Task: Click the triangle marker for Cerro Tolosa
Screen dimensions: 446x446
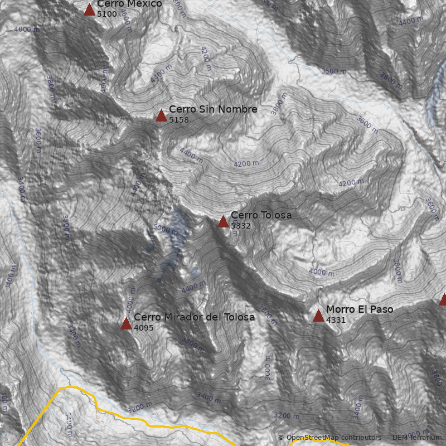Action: coord(223,221)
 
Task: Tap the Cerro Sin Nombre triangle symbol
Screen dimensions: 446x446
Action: coord(161,116)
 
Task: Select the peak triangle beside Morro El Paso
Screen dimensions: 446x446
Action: coord(318,316)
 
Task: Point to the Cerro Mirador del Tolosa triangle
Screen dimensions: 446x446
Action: coord(126,324)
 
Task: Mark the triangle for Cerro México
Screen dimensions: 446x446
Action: coord(89,9)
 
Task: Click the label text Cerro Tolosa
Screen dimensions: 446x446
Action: coord(261,215)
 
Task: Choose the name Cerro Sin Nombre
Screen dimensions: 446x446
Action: coord(213,109)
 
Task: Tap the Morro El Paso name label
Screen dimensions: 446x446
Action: coord(360,309)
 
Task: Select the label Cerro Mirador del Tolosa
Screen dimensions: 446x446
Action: coord(194,317)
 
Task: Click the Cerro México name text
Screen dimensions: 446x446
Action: coord(129,4)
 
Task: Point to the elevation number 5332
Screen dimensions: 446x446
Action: coord(240,226)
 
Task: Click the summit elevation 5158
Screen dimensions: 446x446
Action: coord(179,120)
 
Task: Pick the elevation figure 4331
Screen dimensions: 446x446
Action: coord(336,320)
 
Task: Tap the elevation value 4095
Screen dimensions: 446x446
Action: coord(144,328)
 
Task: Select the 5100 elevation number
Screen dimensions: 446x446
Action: coord(107,14)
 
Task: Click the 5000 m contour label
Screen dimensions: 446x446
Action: coord(166,229)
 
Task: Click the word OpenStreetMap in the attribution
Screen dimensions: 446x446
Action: coord(309,438)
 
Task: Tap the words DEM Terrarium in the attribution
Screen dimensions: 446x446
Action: coord(416,438)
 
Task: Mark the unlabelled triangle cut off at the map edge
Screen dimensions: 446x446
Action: coord(443,300)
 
